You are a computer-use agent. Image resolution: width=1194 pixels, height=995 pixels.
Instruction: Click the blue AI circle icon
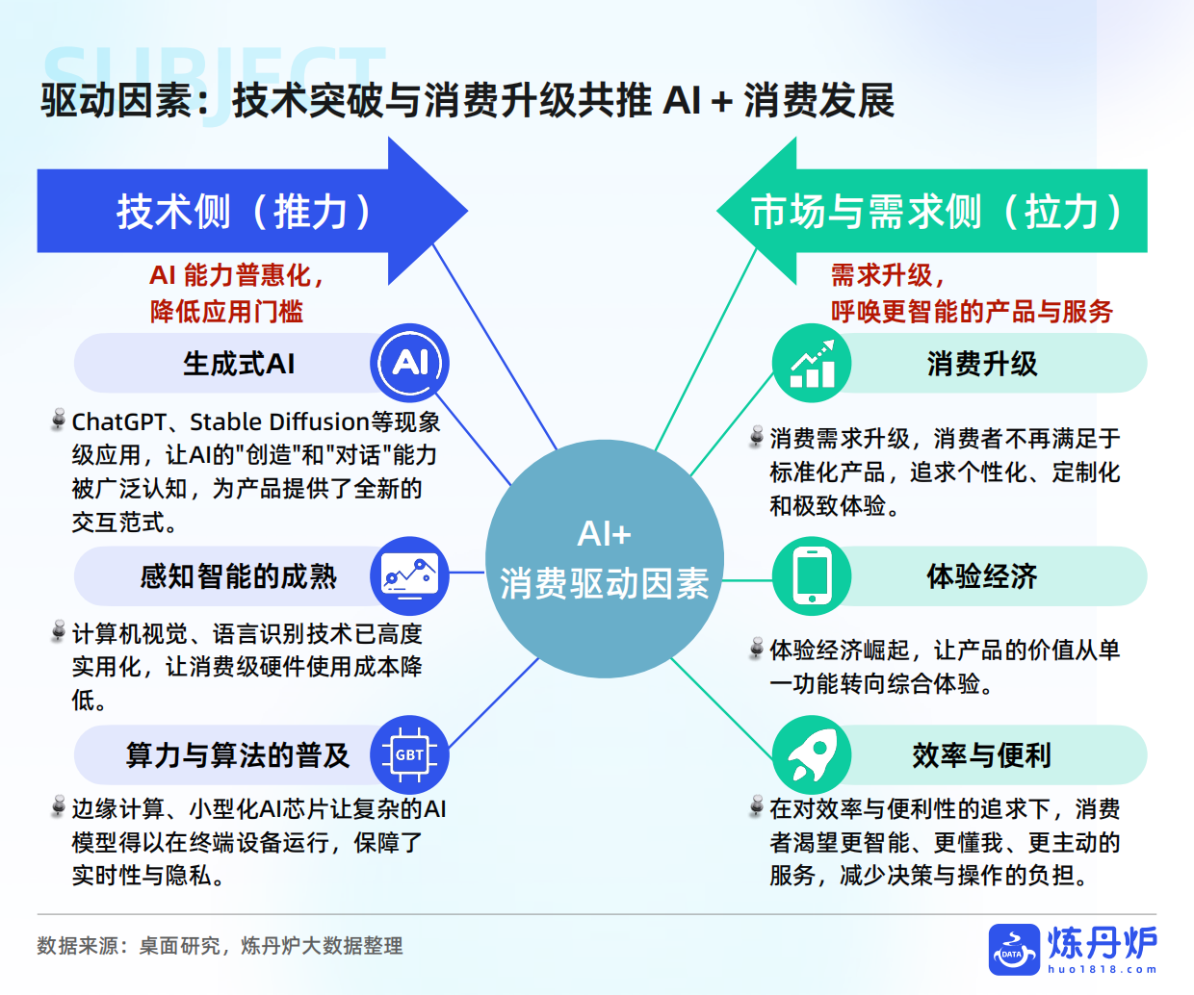coord(409,363)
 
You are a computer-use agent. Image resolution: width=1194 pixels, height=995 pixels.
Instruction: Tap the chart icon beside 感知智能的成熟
coord(409,575)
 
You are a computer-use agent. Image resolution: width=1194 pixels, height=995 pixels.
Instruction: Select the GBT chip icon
coord(409,754)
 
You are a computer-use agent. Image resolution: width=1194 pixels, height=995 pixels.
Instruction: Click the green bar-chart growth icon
coord(812,363)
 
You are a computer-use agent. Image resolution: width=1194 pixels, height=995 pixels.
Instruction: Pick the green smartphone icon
coord(812,575)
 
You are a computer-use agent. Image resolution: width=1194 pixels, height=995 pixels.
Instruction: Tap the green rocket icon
coord(812,754)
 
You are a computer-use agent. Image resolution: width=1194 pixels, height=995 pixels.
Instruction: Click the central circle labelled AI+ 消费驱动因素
coord(604,559)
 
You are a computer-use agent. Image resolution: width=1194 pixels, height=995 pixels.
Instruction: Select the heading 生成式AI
coord(239,364)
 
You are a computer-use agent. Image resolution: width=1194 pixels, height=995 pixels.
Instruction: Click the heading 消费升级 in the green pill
coord(981,364)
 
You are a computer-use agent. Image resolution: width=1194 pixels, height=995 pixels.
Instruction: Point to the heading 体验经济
coord(981,576)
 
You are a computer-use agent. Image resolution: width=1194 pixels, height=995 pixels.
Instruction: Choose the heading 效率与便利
coord(981,755)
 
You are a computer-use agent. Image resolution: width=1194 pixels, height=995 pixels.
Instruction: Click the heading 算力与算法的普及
coord(237,755)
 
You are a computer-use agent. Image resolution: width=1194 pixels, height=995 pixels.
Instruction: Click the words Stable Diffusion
coord(279,422)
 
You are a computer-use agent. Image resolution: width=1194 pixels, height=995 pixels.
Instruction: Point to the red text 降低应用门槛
coord(226,311)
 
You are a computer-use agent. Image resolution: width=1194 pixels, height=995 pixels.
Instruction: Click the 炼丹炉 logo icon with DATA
coord(1014,949)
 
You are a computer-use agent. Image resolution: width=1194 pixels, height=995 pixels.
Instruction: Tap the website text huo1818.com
coord(1102,969)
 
